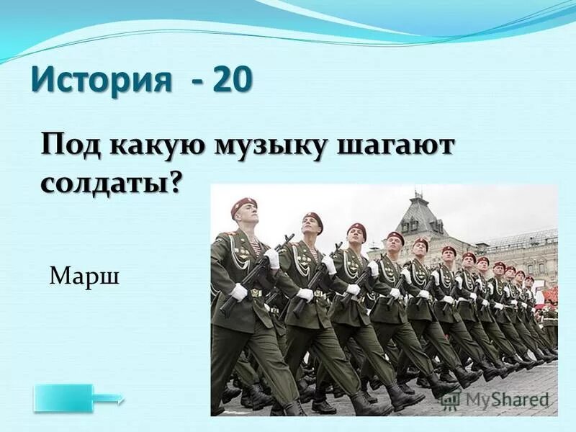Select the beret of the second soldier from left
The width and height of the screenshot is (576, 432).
click(x=313, y=217)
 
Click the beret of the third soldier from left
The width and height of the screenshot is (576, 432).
click(x=356, y=228)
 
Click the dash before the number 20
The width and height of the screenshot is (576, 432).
click(x=196, y=81)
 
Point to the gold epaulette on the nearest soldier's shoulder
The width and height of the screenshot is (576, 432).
click(x=227, y=235)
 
